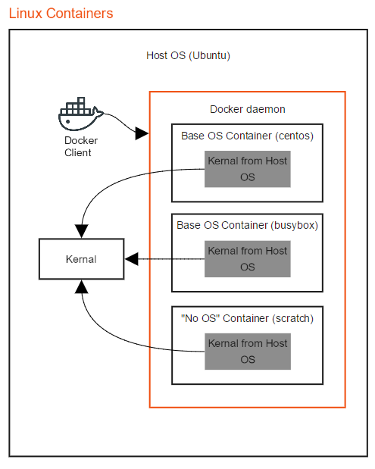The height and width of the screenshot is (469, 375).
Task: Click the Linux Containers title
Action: click(x=61, y=13)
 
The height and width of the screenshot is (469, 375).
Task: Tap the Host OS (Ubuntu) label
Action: click(x=188, y=56)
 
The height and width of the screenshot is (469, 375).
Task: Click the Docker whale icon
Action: click(x=80, y=114)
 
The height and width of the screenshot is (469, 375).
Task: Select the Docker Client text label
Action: click(x=78, y=146)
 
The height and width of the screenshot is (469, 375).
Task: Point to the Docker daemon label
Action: click(x=247, y=109)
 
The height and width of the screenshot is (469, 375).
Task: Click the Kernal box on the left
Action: click(x=81, y=259)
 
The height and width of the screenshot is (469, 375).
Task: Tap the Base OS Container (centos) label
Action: click(x=247, y=136)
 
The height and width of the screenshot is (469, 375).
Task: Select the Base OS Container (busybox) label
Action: click(x=247, y=225)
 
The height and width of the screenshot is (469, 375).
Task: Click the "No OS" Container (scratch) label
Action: click(x=247, y=318)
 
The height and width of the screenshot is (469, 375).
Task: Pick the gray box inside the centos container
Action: click(x=247, y=169)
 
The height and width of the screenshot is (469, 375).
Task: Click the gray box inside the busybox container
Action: click(x=247, y=258)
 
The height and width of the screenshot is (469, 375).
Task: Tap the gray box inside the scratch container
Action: click(x=247, y=351)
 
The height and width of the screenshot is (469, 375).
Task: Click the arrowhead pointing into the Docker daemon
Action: click(x=142, y=134)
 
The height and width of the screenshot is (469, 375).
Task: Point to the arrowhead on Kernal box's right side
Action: click(x=130, y=259)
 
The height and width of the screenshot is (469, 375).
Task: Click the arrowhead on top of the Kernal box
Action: click(x=80, y=230)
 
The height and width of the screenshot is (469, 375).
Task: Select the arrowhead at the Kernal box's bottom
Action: click(x=81, y=286)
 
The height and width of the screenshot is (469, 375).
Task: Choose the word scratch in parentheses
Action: click(x=291, y=318)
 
